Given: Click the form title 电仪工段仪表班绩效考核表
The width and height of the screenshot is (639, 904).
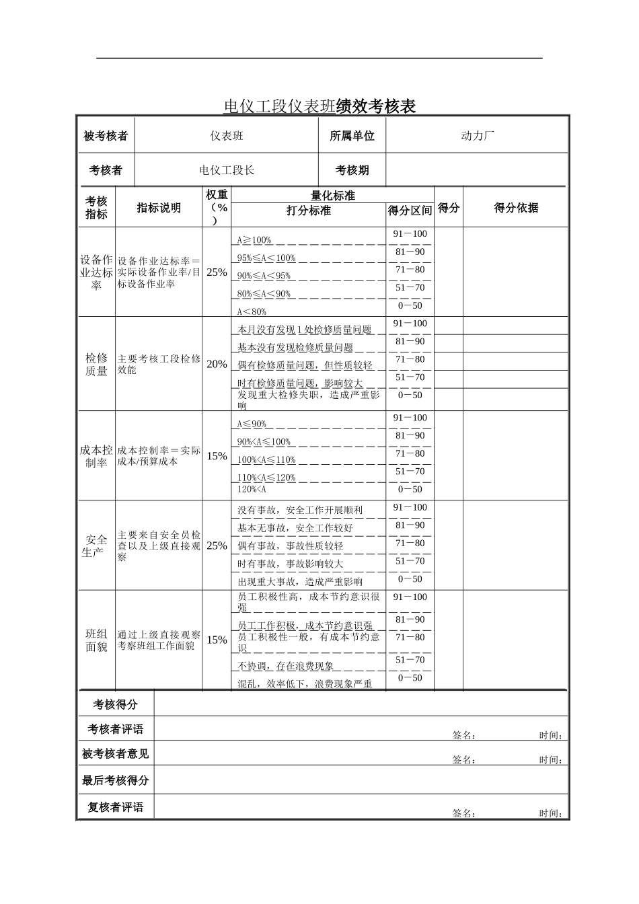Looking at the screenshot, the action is [x=319, y=106].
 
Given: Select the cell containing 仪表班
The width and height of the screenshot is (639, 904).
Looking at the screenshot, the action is [x=227, y=136].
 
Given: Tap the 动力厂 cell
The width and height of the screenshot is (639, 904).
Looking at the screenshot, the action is [x=477, y=136].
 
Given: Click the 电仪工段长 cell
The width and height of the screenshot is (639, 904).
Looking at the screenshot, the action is [x=227, y=170].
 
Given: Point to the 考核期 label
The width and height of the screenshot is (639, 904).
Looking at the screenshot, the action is [x=352, y=170].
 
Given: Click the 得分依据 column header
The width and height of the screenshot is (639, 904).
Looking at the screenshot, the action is [x=516, y=208].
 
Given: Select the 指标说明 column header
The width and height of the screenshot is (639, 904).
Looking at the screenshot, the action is [x=159, y=208].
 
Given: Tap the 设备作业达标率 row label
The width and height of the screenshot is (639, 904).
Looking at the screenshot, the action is [x=96, y=272].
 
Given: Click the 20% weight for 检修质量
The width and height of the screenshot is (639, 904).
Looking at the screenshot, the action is [x=217, y=364].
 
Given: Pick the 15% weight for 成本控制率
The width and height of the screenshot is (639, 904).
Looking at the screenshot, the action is [x=217, y=456].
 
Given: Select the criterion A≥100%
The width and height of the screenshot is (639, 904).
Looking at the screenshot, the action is [x=254, y=240].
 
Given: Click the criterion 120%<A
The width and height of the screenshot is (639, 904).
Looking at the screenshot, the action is [x=252, y=490].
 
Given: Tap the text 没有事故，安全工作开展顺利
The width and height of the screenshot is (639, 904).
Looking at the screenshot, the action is [x=300, y=510].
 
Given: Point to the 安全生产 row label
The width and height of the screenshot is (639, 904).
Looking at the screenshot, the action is [x=96, y=545].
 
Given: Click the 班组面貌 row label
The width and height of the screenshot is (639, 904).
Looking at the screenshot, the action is [x=96, y=640].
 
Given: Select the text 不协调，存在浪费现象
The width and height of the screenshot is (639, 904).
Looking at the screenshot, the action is [x=286, y=666].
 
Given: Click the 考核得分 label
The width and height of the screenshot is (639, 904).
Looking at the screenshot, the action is [x=115, y=704].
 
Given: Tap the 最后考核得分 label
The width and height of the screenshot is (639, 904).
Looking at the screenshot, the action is [x=115, y=780].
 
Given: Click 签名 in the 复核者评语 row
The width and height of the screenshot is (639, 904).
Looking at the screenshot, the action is [x=463, y=813].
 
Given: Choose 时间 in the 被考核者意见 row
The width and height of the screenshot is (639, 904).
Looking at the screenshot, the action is [x=550, y=760].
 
